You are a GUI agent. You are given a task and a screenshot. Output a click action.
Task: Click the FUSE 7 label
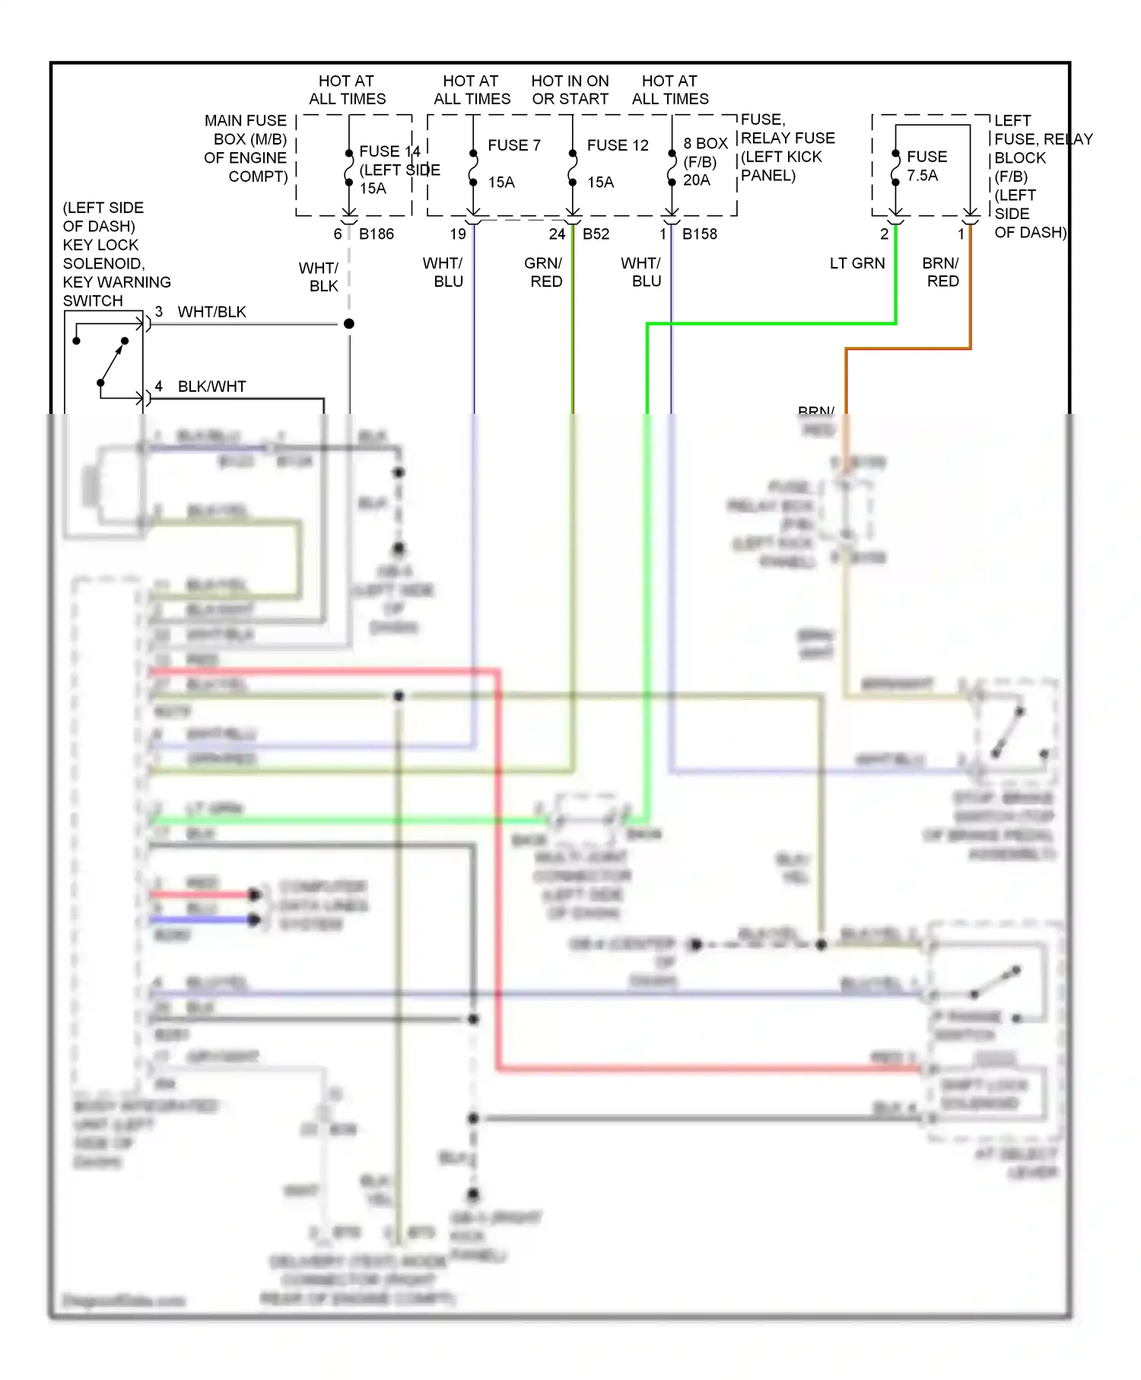513,145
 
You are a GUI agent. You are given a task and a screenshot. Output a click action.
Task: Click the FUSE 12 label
617,145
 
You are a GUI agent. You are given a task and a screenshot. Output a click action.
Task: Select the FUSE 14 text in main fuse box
389,151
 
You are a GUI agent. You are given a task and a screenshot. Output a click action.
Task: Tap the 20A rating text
696,180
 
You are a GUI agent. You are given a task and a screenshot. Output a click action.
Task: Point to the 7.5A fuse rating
922,176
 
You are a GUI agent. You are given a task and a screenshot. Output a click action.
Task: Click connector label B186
377,234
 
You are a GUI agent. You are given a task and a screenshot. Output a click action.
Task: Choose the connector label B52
596,234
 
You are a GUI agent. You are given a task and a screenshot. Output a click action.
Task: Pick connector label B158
699,234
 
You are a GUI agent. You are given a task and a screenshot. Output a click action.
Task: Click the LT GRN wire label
857,263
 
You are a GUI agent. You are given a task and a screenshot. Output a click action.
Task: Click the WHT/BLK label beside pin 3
211,312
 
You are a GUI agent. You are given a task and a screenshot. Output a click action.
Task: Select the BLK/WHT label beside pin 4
211,386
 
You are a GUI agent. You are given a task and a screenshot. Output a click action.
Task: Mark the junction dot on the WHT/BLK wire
349,324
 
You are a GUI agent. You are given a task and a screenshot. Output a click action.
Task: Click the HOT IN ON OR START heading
570,90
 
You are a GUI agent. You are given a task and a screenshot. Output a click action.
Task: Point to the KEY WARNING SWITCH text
116,282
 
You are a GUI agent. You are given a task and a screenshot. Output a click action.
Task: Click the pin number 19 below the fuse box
457,234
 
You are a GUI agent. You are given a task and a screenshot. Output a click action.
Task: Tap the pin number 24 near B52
557,234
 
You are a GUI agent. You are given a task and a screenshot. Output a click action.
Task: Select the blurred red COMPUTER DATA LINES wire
202,895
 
